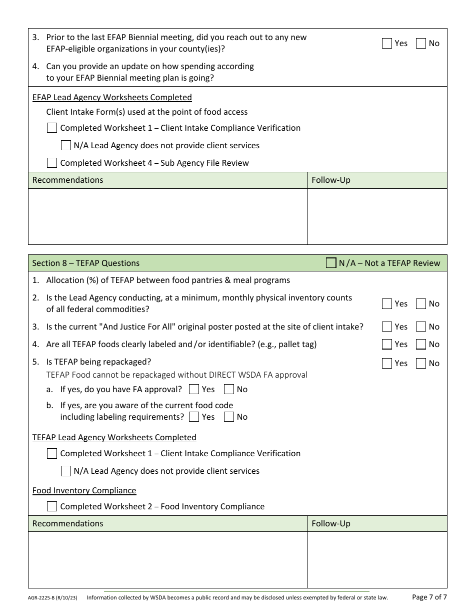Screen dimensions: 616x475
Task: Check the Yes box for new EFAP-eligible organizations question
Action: [x=386, y=44]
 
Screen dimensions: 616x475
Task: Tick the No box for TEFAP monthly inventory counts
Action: [x=421, y=303]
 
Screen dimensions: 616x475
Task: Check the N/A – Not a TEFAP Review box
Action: [x=331, y=263]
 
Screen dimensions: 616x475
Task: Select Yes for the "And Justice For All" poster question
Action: [x=386, y=327]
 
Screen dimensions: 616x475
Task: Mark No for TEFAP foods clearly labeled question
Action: [x=421, y=344]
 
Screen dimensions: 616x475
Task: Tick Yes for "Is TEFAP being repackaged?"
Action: [x=386, y=364]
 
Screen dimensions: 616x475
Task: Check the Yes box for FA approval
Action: [x=194, y=389]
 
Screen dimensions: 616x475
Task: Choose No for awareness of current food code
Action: [x=229, y=417]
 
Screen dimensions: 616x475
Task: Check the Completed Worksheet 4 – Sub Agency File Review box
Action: [x=52, y=163]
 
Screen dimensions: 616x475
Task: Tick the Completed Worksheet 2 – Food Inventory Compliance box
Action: [x=52, y=506]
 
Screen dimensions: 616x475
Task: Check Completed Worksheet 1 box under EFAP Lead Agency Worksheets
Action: [x=52, y=128]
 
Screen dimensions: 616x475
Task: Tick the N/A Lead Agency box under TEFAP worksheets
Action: [x=65, y=471]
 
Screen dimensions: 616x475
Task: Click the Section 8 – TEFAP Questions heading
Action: [x=86, y=263]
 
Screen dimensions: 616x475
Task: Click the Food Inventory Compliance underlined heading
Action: [x=84, y=490]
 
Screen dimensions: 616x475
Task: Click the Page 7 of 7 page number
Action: [x=429, y=597]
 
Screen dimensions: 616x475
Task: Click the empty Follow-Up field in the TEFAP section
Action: [x=377, y=559]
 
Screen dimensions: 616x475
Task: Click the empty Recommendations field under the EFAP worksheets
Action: [x=167, y=216]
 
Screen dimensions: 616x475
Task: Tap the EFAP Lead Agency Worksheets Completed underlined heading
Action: [x=112, y=97]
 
